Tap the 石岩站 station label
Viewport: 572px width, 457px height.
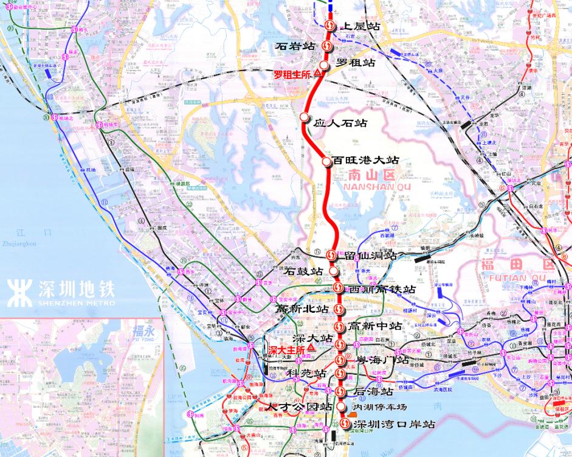[x=295, y=46]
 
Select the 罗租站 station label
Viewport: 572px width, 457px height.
[x=356, y=63]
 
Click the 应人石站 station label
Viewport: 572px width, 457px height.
[x=340, y=123]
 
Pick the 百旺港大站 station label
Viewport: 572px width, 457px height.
[x=365, y=161]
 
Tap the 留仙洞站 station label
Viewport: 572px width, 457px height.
[x=370, y=256]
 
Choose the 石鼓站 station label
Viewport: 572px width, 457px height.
[x=304, y=271]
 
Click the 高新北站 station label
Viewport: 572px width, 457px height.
[x=302, y=309]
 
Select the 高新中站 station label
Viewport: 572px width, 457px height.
[x=375, y=327]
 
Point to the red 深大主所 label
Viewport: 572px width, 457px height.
[x=287, y=350]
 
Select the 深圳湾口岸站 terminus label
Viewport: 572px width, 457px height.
[x=395, y=424]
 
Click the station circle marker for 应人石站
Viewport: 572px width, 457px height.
[x=305, y=117]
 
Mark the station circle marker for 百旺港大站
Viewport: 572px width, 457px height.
[x=326, y=161]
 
